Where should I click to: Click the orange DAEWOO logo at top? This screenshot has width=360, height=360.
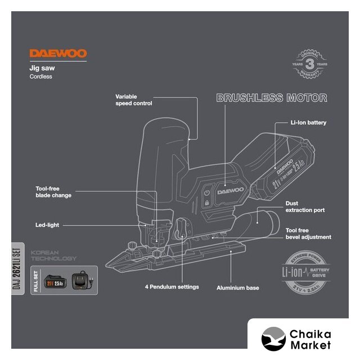click(x=58, y=54)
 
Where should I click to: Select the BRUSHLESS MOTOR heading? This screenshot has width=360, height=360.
click(x=272, y=98)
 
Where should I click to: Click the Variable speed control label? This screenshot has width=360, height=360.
click(x=134, y=100)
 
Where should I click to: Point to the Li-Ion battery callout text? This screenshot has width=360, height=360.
click(x=308, y=122)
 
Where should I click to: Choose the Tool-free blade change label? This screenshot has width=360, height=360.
click(x=49, y=192)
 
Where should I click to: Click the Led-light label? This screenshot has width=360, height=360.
click(x=47, y=225)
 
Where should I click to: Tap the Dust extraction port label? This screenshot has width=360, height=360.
click(x=305, y=207)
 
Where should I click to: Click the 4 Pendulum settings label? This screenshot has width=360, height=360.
click(x=171, y=287)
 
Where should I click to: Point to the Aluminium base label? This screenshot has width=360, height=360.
click(x=238, y=287)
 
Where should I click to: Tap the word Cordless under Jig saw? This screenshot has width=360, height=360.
click(x=40, y=76)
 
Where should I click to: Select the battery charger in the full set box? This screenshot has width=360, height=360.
click(x=83, y=280)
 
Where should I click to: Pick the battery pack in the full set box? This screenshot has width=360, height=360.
click(x=57, y=280)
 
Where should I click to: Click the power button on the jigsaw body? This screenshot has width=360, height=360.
click(x=206, y=192)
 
